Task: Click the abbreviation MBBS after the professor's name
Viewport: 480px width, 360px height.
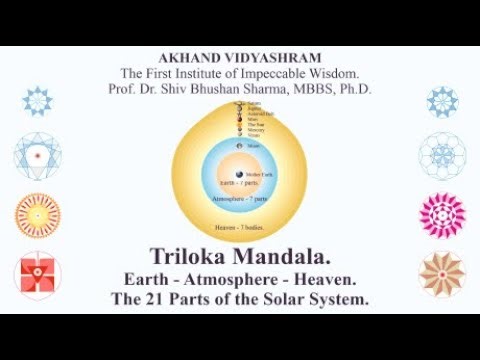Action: (x=313, y=89)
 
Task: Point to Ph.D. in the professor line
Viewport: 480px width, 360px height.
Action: (x=352, y=89)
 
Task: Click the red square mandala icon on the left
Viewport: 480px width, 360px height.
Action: (x=38, y=275)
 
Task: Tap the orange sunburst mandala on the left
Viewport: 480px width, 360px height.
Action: (x=38, y=214)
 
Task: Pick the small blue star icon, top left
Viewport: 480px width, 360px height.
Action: (x=38, y=100)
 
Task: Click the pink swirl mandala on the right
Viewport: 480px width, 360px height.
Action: (x=442, y=214)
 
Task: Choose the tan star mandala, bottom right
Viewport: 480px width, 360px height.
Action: (x=442, y=274)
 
